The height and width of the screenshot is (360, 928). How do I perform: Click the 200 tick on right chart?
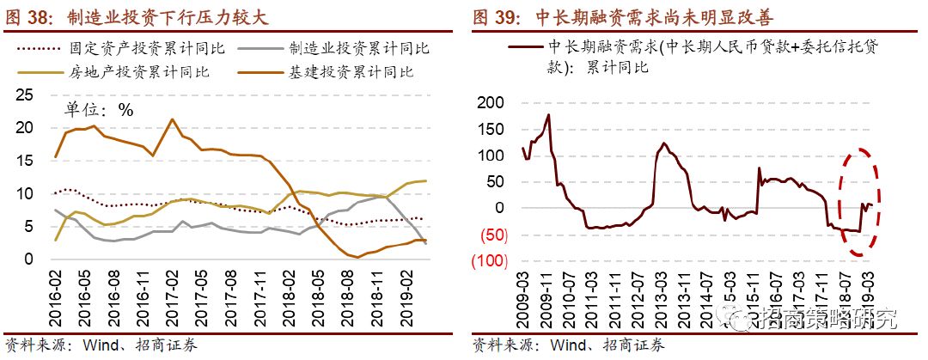pos(493,103)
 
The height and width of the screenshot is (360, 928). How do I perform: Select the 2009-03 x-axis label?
pos(523,297)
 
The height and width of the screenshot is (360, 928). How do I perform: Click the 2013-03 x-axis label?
pos(664,297)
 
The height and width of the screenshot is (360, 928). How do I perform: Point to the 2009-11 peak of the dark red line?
pos(548,115)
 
